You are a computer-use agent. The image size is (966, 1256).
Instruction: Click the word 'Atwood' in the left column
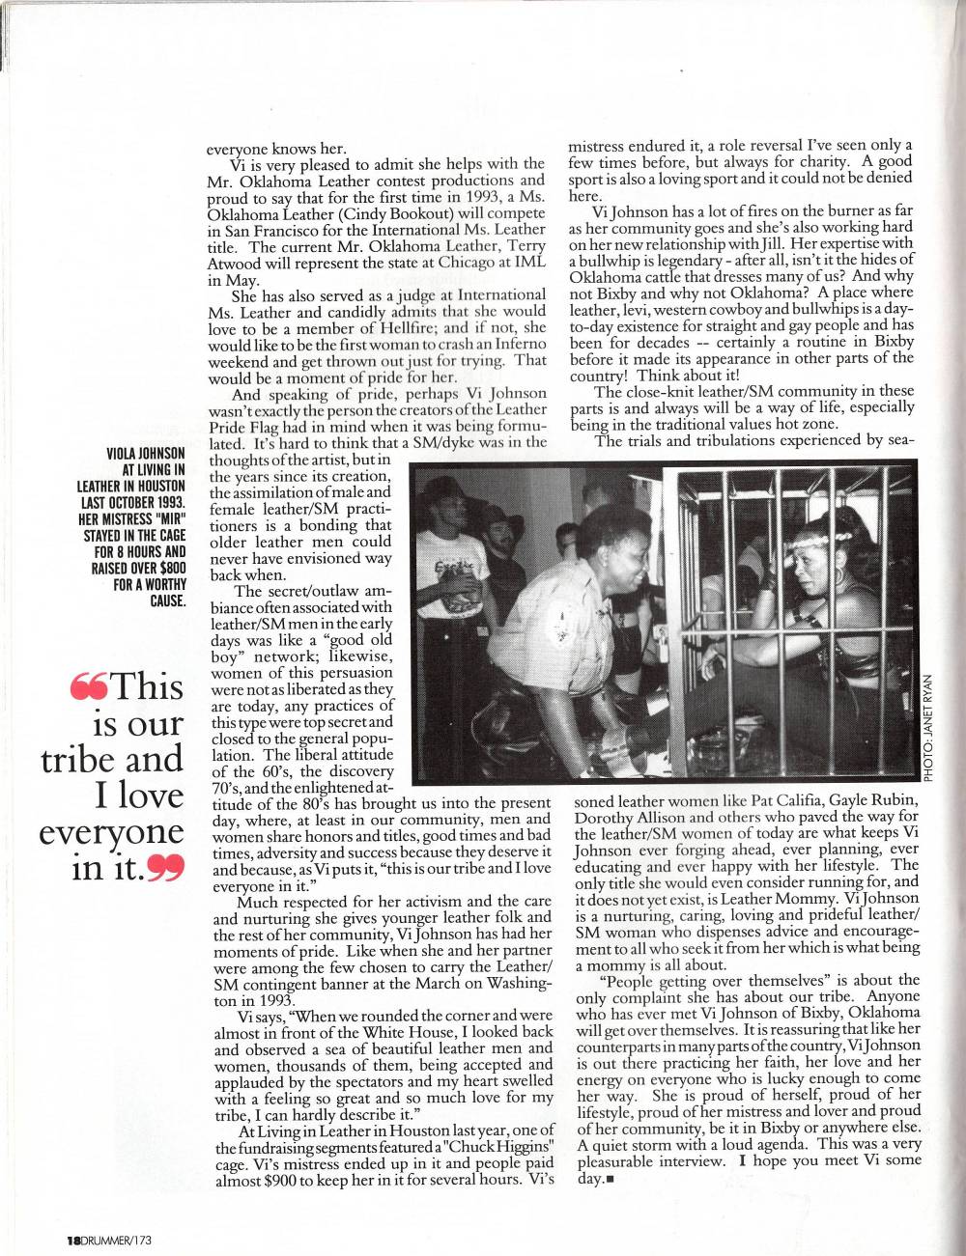coord(236,264)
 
